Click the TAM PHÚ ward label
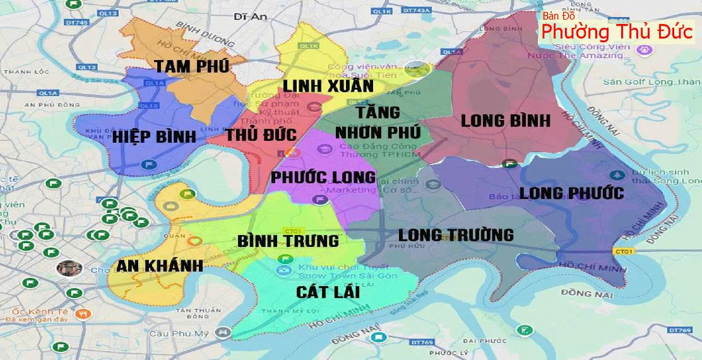click(x=192, y=66)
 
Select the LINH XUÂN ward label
click(x=328, y=86)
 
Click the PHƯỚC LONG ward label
click(x=323, y=177)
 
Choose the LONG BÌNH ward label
click(x=506, y=121)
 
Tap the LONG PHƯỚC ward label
click(x=572, y=193)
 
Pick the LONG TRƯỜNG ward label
click(x=456, y=235)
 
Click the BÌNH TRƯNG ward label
click(x=288, y=241)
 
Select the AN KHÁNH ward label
click(x=160, y=265)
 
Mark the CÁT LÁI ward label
click(x=328, y=292)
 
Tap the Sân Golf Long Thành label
click(x=651, y=81)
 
